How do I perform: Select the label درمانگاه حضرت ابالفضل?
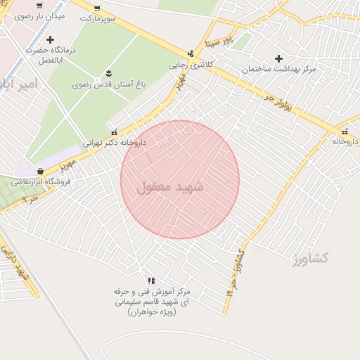[x=50, y=55]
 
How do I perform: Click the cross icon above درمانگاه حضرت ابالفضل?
[x=50, y=39]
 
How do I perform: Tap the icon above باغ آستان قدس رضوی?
[x=108, y=73]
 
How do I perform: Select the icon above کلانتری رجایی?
[x=191, y=53]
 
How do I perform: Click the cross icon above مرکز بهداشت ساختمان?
[x=278, y=58]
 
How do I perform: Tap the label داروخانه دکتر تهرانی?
[x=115, y=142]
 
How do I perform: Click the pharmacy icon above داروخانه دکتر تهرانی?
[x=115, y=131]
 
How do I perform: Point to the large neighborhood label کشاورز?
[x=312, y=258]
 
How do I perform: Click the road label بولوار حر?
[x=278, y=98]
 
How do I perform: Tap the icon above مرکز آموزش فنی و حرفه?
[x=151, y=281]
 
